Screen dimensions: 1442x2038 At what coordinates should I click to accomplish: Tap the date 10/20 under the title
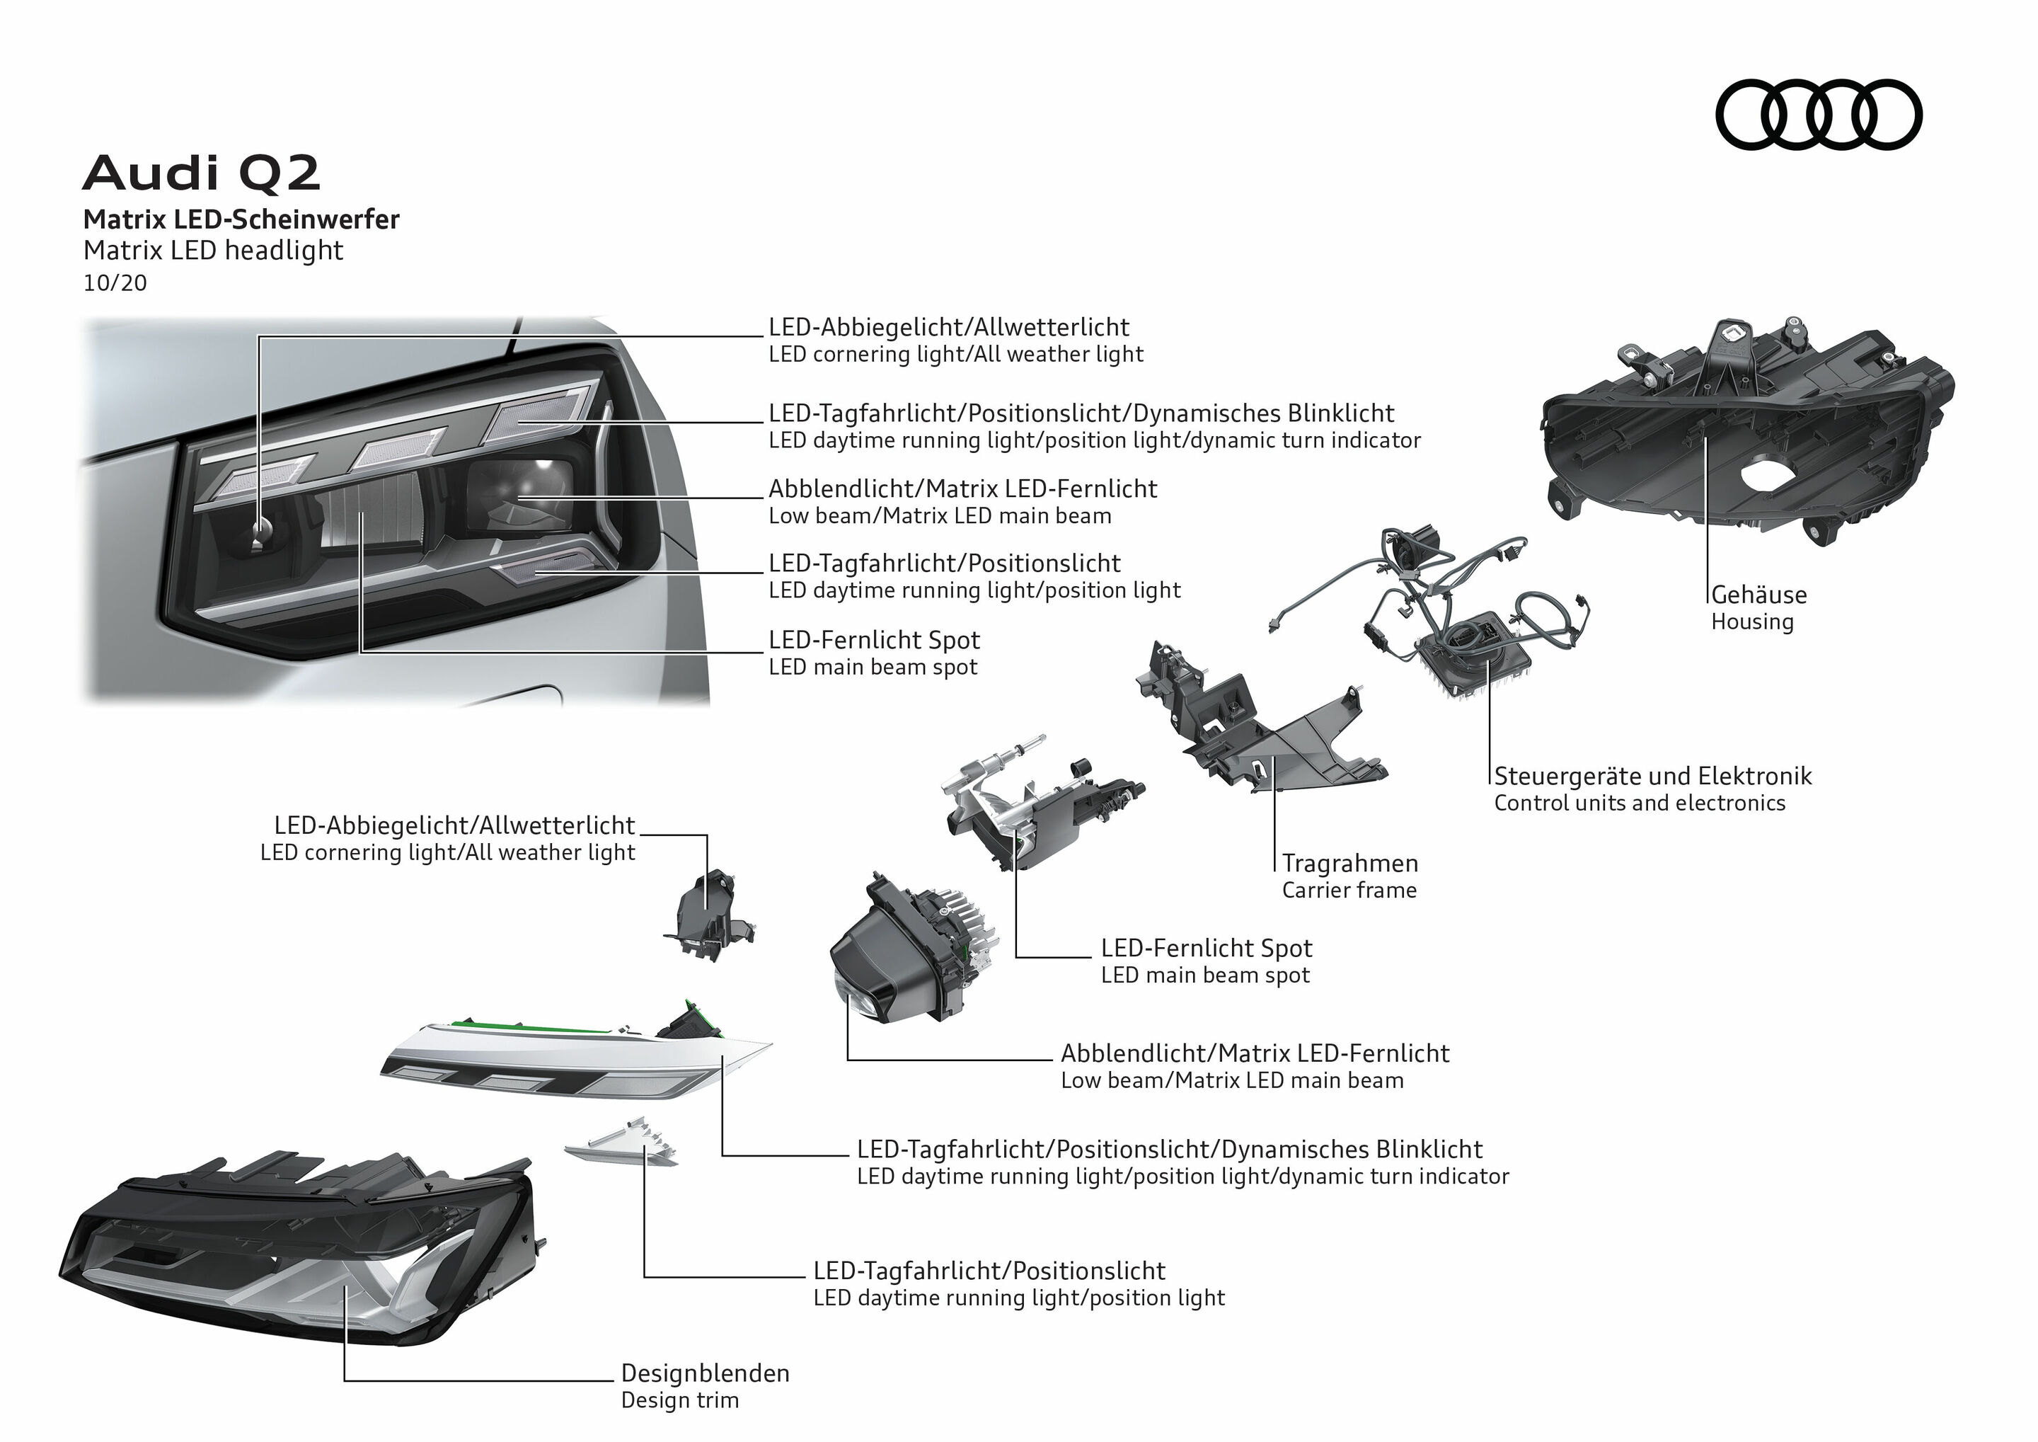click(115, 283)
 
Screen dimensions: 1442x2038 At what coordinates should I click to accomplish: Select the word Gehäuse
click(1758, 595)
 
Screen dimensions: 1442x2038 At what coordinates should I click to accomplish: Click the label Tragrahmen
click(1349, 863)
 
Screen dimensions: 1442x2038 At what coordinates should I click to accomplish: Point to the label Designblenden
click(705, 1373)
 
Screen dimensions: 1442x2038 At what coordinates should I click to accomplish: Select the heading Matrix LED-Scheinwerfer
click(241, 219)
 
